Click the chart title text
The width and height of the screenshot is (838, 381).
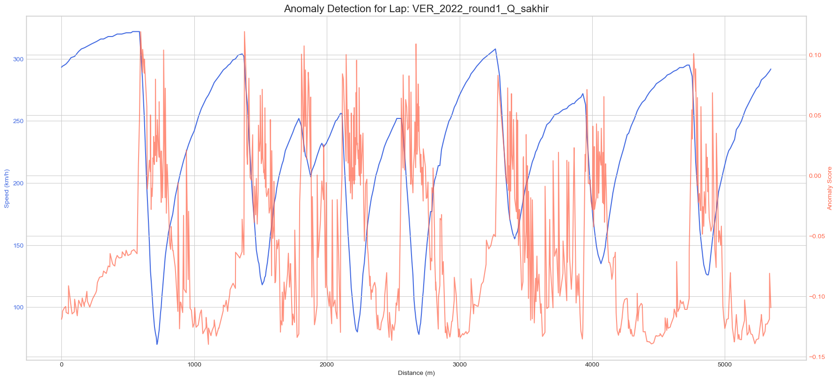[x=419, y=8]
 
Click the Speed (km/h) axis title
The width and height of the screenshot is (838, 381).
[x=7, y=188]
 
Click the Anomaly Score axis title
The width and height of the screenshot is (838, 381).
[x=830, y=188]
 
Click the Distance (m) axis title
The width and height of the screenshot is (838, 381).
[x=416, y=373]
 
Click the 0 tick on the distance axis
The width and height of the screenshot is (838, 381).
[x=61, y=365]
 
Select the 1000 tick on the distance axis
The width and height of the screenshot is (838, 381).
[x=194, y=365]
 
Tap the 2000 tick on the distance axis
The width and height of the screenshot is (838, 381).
[x=327, y=365]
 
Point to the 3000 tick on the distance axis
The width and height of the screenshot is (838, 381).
[x=460, y=365]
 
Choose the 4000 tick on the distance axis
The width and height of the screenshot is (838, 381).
[x=592, y=365]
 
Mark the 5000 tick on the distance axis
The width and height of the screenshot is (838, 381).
[x=725, y=365]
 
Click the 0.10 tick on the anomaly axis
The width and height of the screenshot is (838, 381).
[x=815, y=55]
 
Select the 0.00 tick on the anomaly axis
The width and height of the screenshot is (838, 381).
[x=815, y=176]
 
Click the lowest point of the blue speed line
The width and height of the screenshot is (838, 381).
[x=157, y=344]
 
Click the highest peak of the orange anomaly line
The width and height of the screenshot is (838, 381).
[x=244, y=31]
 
